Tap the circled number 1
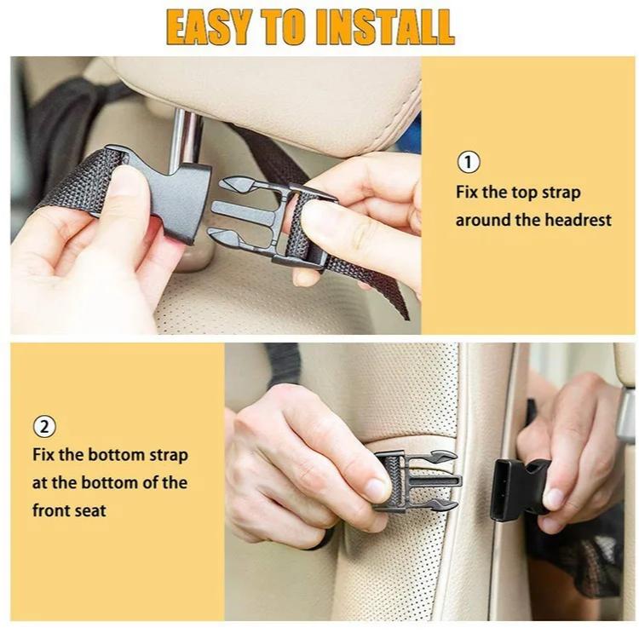(x=469, y=162)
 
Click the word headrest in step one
(x=579, y=220)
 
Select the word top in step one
(x=527, y=192)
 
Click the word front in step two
(x=53, y=510)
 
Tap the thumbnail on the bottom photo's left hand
(x=376, y=489)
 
